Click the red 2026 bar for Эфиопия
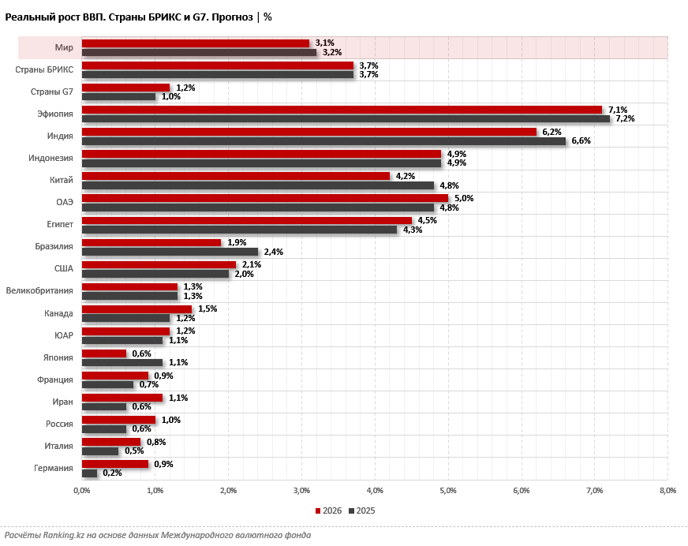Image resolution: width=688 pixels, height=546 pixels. click(341, 110)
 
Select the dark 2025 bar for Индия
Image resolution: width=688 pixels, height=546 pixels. click(323, 140)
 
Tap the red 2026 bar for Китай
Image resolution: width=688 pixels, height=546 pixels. click(235, 176)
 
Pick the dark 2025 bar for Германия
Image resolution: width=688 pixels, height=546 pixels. click(89, 473)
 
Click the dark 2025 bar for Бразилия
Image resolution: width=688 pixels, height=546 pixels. click(169, 252)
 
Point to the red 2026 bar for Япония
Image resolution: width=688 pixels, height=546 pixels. click(103, 353)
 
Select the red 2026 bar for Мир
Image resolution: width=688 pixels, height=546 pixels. click(195, 43)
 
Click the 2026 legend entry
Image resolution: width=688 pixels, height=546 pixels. click(328, 510)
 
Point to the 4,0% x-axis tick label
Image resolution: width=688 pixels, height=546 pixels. click(375, 491)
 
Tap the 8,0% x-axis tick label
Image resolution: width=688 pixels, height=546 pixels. click(667, 491)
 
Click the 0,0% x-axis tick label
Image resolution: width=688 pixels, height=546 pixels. click(81, 491)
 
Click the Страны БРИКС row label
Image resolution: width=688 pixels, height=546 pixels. click(44, 70)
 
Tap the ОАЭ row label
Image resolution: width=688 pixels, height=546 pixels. click(65, 203)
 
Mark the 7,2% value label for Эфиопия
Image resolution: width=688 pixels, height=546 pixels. click(626, 118)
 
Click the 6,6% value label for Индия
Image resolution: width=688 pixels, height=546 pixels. click(581, 140)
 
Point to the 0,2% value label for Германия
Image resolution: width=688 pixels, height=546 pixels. click(113, 473)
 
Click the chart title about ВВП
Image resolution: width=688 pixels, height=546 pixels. click(138, 17)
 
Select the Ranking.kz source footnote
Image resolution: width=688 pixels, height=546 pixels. click(158, 535)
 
